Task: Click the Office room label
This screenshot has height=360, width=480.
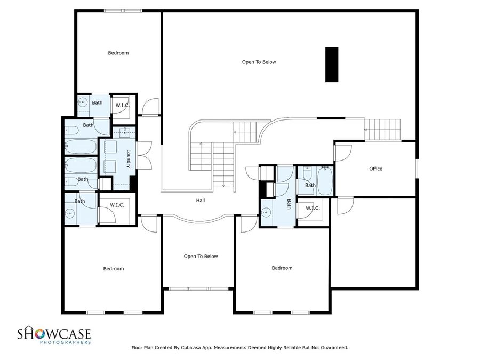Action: click(x=375, y=169)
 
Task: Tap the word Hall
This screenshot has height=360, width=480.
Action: click(x=200, y=201)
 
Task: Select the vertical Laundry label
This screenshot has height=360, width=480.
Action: click(x=129, y=159)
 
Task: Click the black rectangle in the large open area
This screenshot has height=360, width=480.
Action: click(x=332, y=65)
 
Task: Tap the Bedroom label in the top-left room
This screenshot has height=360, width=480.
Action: click(x=118, y=53)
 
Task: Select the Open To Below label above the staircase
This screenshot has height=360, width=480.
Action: click(x=259, y=62)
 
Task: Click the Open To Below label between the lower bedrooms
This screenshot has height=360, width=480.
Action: click(x=201, y=256)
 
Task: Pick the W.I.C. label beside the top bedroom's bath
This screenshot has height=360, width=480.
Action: click(x=123, y=105)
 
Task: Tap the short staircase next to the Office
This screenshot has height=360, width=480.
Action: click(x=382, y=129)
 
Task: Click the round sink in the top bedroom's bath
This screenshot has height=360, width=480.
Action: click(x=83, y=104)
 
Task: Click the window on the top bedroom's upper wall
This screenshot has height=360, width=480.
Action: click(x=122, y=11)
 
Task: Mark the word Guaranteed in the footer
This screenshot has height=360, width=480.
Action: click(x=331, y=348)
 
